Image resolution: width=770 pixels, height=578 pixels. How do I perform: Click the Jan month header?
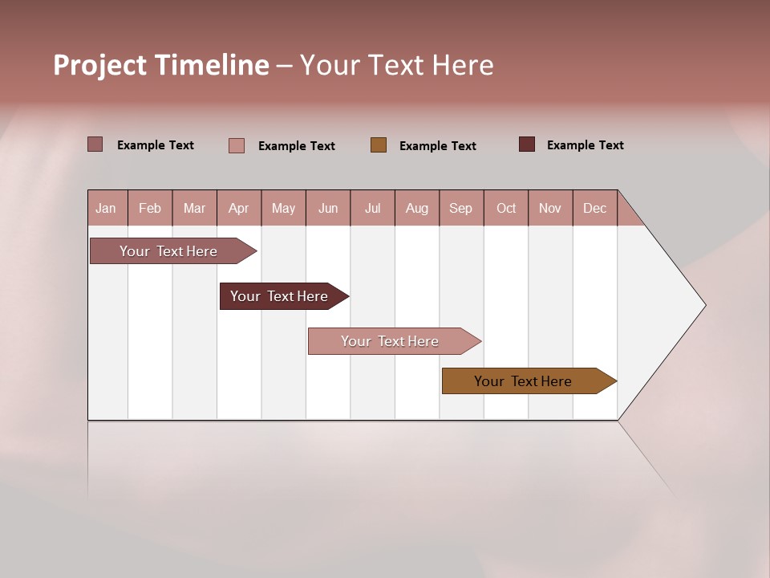(x=107, y=208)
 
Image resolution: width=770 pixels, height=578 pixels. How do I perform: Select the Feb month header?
(x=150, y=208)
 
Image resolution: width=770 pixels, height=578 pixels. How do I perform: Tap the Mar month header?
(x=194, y=208)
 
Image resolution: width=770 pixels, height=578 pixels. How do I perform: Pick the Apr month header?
(x=239, y=208)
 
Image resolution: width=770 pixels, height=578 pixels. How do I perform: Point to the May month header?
(x=283, y=208)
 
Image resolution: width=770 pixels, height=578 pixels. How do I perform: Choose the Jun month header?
(x=328, y=208)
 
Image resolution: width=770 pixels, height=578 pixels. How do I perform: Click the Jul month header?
(x=372, y=208)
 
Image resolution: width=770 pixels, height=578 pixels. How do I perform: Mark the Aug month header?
(x=417, y=208)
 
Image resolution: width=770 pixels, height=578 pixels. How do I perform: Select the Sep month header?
(x=461, y=208)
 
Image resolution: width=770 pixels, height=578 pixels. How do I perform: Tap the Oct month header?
(x=506, y=208)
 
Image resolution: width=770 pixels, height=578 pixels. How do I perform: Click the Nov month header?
(x=550, y=208)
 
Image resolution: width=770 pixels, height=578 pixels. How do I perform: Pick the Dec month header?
(x=595, y=208)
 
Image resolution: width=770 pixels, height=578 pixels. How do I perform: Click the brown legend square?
(x=379, y=144)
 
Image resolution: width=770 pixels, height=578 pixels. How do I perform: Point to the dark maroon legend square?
(x=527, y=144)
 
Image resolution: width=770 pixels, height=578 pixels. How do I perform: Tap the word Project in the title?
(x=100, y=65)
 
